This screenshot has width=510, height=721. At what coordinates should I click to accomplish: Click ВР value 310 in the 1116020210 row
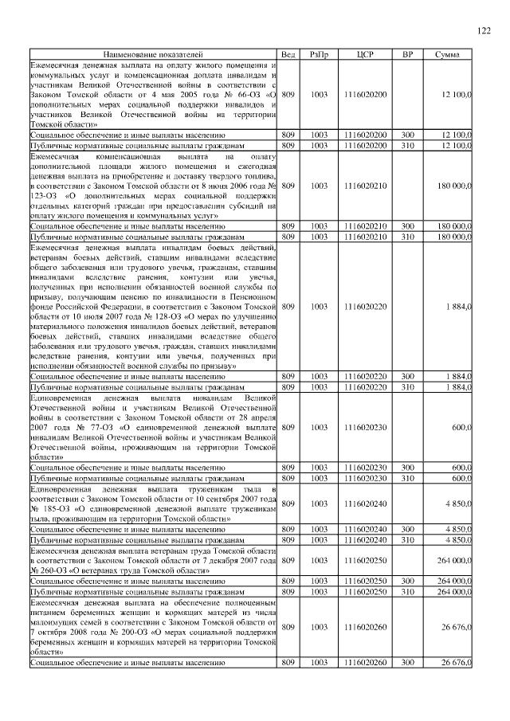pos(407,238)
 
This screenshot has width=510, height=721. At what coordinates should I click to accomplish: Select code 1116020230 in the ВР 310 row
pos(365,478)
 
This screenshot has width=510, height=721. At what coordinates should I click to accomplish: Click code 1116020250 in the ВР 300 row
pos(365,582)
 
